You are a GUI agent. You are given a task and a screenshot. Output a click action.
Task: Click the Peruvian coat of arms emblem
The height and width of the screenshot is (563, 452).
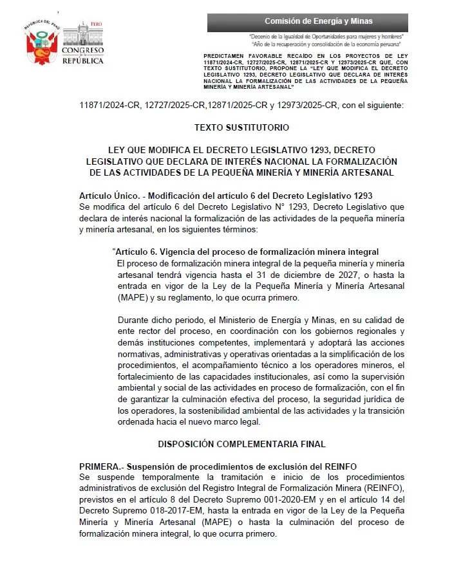42,44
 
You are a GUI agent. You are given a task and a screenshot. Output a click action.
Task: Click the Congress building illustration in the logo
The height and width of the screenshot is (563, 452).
82,33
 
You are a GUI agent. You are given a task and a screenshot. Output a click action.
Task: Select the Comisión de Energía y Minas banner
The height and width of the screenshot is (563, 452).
318,22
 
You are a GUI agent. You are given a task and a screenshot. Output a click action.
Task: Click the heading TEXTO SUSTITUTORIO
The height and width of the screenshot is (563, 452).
232,128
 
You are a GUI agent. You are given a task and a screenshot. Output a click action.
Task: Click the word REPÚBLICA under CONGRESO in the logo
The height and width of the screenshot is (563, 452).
82,61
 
